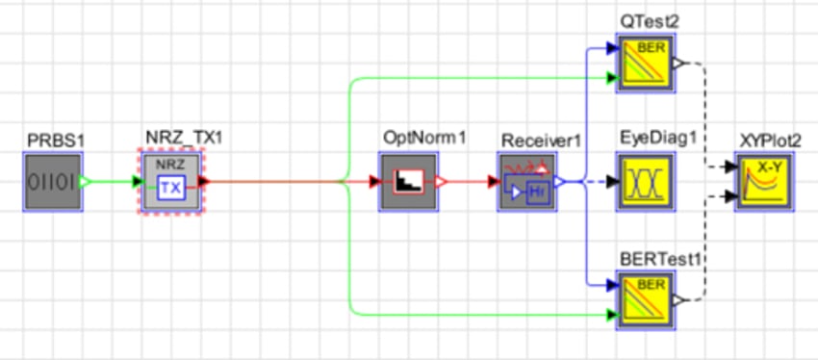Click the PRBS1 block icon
52,180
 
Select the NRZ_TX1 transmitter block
169,180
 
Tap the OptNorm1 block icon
408,180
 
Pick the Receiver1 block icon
526,180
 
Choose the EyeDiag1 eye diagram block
647,180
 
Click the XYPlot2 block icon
766,180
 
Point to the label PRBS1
55,141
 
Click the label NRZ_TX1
185,139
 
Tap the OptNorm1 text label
423,139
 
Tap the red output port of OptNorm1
441,180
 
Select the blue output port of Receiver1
559,180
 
